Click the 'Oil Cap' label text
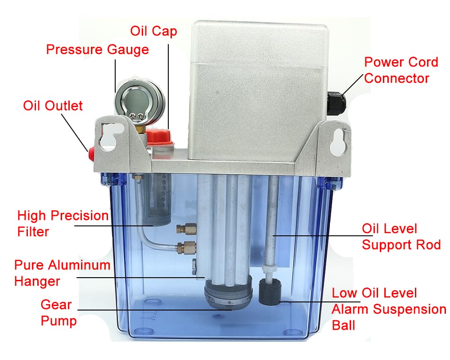(x=153, y=31)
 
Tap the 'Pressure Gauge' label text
(x=97, y=49)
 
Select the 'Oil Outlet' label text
(x=53, y=106)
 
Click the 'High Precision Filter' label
(x=63, y=224)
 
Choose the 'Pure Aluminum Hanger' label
(x=62, y=273)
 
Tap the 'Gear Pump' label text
(x=56, y=313)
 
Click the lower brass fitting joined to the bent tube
(x=186, y=247)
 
